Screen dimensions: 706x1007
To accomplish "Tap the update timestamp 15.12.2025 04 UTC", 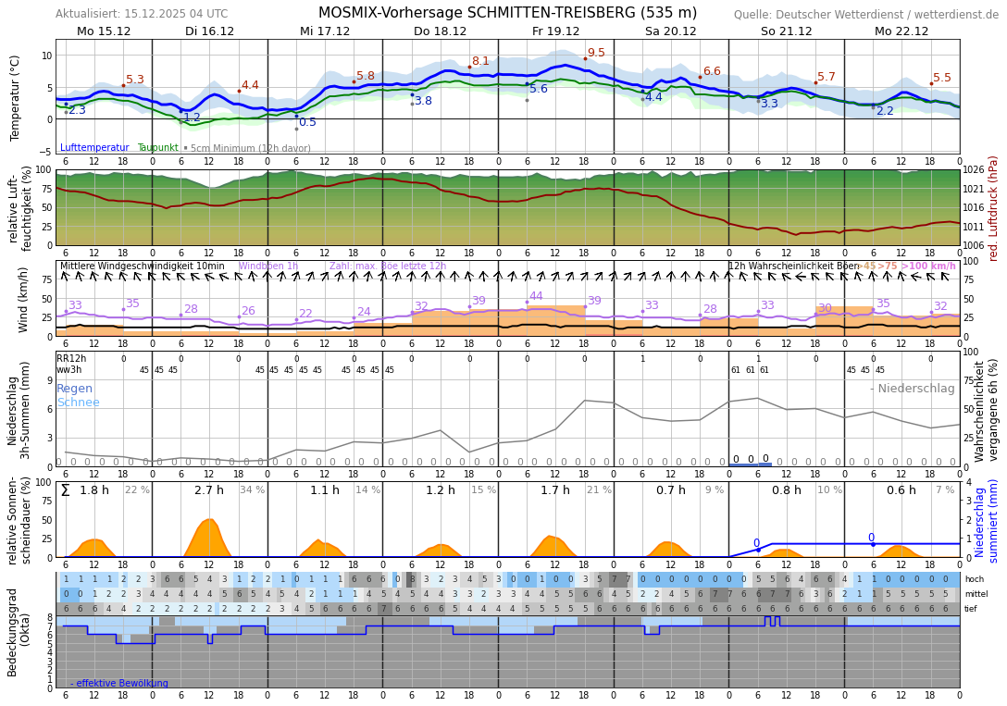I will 174,14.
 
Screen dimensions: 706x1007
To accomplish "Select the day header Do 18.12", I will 440,31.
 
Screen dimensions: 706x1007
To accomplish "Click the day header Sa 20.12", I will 670,31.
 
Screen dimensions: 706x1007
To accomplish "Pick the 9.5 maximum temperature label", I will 596,54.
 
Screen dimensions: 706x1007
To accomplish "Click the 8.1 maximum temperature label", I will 480,61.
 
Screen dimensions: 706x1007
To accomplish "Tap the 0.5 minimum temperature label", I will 307,122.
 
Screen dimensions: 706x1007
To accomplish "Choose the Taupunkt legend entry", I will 157,148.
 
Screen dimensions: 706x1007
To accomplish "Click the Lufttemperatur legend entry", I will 94,148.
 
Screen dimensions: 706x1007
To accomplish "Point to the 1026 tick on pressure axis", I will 974,170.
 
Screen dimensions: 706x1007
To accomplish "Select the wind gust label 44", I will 536,296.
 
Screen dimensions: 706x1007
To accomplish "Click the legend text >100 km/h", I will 928,266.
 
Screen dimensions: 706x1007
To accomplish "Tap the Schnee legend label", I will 78,403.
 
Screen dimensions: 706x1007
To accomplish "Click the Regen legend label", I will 74,389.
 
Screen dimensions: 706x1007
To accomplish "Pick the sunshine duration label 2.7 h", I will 208,490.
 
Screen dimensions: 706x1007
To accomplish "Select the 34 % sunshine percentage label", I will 252,490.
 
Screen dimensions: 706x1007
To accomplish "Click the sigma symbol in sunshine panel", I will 65,490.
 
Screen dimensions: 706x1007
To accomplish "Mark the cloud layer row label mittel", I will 974,594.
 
